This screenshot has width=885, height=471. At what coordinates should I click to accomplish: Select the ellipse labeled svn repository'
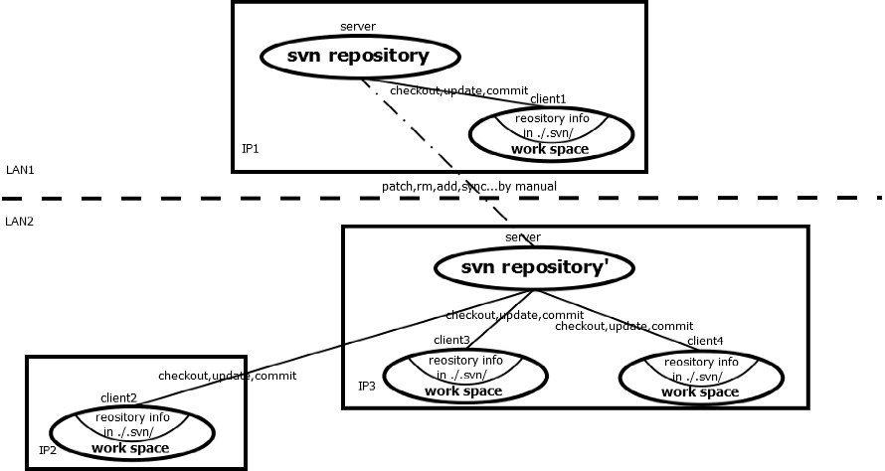pos(534,268)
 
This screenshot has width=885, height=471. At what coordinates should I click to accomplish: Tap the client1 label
pos(548,99)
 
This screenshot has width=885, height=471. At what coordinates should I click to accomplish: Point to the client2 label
pos(118,397)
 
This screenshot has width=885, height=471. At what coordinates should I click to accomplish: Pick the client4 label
pos(705,341)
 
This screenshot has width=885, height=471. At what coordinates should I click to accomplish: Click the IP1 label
pos(251,149)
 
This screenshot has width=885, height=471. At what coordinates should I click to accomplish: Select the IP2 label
pos(48,451)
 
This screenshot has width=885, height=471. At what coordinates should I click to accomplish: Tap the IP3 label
pos(367,385)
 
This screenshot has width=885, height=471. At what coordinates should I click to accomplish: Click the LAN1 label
pos(20,171)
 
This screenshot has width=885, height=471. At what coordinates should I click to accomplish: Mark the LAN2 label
pos(20,221)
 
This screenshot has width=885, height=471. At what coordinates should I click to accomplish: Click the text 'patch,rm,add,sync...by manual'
pos(469,186)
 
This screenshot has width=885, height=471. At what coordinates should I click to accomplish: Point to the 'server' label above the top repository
pos(357,26)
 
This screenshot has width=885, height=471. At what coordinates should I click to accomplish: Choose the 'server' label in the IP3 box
pos(523,236)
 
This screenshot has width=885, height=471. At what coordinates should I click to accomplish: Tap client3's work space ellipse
pos(463,375)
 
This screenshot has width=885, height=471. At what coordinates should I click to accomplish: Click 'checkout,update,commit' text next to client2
pos(227,377)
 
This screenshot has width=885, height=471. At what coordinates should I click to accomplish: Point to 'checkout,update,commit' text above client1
pos(458,90)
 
